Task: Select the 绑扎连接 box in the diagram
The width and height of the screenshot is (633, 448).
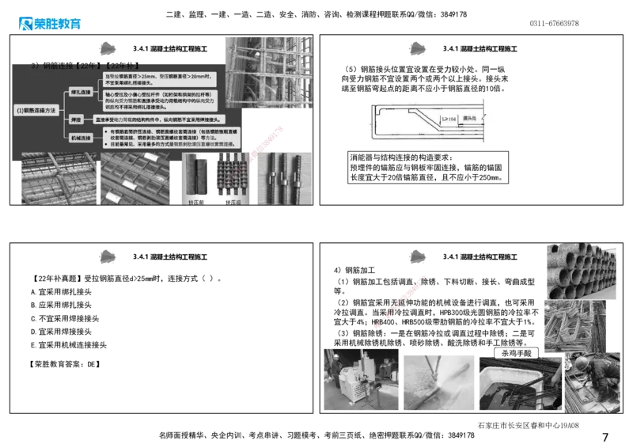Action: pyautogui.click(x=81, y=93)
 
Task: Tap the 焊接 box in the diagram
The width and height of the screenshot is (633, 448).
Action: pyautogui.click(x=78, y=119)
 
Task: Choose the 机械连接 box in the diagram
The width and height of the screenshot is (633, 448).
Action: pyautogui.click(x=81, y=139)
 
